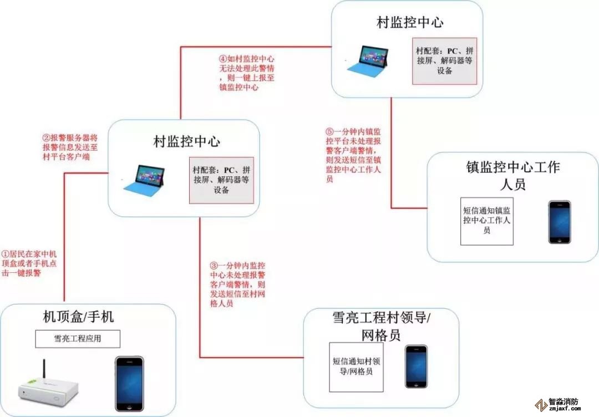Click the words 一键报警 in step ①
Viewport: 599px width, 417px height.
pyautogui.click(x=28, y=273)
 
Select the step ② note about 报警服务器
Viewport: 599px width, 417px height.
pyautogui.click(x=70, y=147)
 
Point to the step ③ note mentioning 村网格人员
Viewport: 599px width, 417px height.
pyautogui.click(x=233, y=284)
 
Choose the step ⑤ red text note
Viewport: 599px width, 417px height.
pyautogui.click(x=353, y=156)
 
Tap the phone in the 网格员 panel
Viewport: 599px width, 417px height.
pyautogui.click(x=416, y=367)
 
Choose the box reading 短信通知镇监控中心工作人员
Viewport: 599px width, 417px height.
pyautogui.click(x=487, y=220)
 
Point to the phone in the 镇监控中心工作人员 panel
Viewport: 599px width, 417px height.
pyautogui.click(x=559, y=222)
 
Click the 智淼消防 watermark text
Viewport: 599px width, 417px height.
pyautogui.click(x=564, y=401)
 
